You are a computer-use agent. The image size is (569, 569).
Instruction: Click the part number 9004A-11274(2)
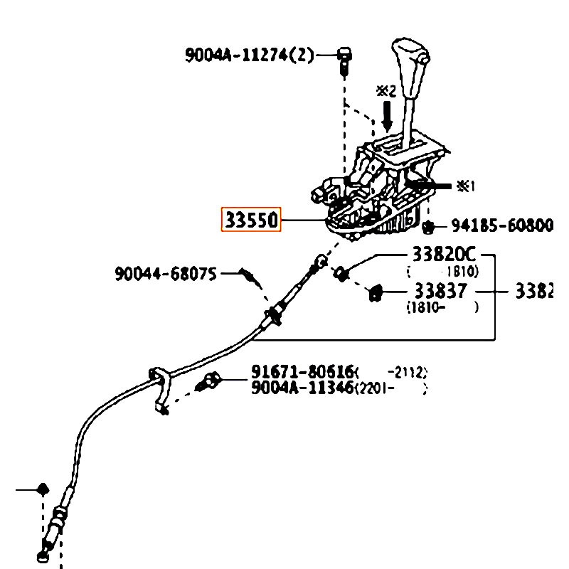click(x=249, y=55)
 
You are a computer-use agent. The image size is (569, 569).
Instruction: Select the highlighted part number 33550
click(x=252, y=220)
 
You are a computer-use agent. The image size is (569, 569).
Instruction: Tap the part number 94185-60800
click(x=502, y=226)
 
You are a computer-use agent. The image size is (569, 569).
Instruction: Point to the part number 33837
click(x=441, y=291)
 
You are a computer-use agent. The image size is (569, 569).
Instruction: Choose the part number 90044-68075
click(x=166, y=272)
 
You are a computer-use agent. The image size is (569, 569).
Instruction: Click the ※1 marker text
click(x=465, y=186)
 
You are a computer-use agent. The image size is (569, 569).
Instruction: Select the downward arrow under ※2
click(x=387, y=114)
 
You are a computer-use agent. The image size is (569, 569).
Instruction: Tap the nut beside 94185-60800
click(x=429, y=227)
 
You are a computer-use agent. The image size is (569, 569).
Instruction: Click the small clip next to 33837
click(x=376, y=292)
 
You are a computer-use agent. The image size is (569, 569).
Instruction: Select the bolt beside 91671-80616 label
click(x=210, y=381)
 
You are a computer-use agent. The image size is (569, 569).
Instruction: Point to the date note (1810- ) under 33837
click(x=441, y=307)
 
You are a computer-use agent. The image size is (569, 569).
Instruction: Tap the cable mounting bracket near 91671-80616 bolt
click(x=160, y=388)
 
